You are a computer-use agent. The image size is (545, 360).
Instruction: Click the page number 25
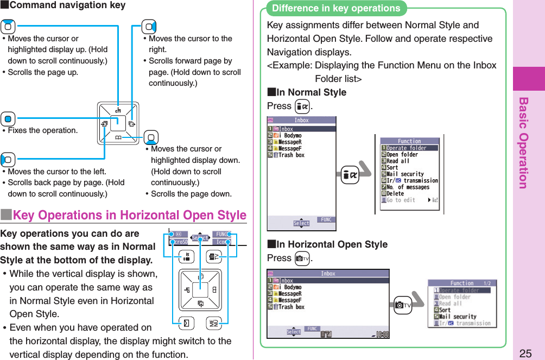coord(525,352)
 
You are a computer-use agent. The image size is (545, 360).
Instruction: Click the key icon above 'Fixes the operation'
coord(8,118)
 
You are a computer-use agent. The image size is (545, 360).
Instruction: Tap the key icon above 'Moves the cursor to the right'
coord(149,26)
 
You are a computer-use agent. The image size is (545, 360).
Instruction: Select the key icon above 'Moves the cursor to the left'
coord(8,160)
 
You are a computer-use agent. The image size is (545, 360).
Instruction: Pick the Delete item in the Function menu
coord(395,193)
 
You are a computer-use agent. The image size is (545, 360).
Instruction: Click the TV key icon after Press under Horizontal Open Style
coord(302,258)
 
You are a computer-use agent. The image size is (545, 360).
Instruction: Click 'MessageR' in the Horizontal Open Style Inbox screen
coord(290,294)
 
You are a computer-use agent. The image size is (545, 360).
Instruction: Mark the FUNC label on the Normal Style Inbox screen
coord(326,220)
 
